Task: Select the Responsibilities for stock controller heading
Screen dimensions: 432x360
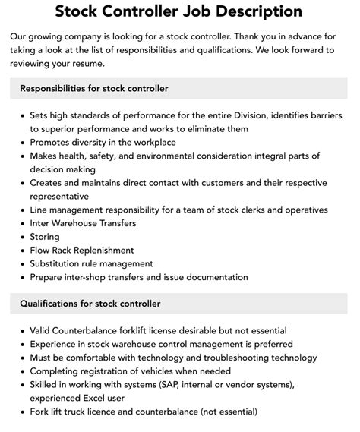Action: pyautogui.click(x=94, y=89)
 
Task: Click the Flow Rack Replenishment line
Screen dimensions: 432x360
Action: pyautogui.click(x=82, y=250)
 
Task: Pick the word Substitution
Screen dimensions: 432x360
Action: pyautogui.click(x=60, y=263)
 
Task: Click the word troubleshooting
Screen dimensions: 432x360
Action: pyautogui.click(x=248, y=358)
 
